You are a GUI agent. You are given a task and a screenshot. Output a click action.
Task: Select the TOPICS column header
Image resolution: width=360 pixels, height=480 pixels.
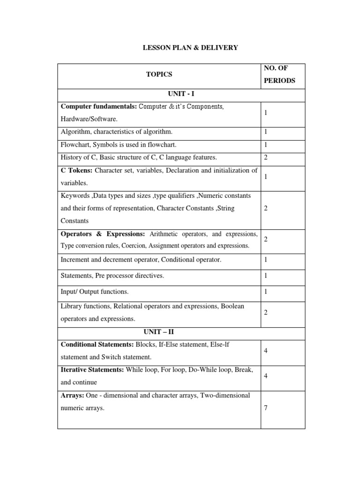pyautogui.click(x=159, y=74)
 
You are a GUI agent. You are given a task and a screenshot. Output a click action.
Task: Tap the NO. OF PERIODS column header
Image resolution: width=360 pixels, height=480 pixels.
pyautogui.click(x=280, y=74)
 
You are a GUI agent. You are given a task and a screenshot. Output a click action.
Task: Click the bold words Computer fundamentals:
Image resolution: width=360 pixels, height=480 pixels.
pyautogui.click(x=99, y=107)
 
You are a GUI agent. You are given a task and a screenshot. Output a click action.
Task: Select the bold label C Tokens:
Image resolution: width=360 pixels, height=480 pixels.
pyautogui.click(x=77, y=170)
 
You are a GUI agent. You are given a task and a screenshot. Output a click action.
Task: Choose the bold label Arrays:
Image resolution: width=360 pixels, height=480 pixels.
pyautogui.click(x=71, y=395)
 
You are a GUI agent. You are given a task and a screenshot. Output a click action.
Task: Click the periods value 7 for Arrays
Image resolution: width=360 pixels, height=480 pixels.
pyautogui.click(x=266, y=408)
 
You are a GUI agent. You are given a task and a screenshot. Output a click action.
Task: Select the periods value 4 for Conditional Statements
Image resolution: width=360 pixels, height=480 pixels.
pyautogui.click(x=266, y=351)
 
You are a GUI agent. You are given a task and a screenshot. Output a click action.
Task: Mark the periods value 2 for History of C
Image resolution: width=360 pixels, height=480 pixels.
pyautogui.click(x=266, y=157)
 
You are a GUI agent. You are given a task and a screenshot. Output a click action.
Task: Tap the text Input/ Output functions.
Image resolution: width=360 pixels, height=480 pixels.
pyautogui.click(x=94, y=292)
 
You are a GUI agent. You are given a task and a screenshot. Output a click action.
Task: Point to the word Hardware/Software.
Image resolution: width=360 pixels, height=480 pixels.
pyautogui.click(x=89, y=120)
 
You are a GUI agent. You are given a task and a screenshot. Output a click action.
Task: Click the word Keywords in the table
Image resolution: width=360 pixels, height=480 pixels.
pyautogui.click(x=75, y=195)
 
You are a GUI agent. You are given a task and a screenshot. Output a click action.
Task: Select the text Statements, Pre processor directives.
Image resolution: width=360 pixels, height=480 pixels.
pyautogui.click(x=112, y=276)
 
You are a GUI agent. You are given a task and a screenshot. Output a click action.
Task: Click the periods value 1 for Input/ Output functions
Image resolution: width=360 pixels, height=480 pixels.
pyautogui.click(x=266, y=292)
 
